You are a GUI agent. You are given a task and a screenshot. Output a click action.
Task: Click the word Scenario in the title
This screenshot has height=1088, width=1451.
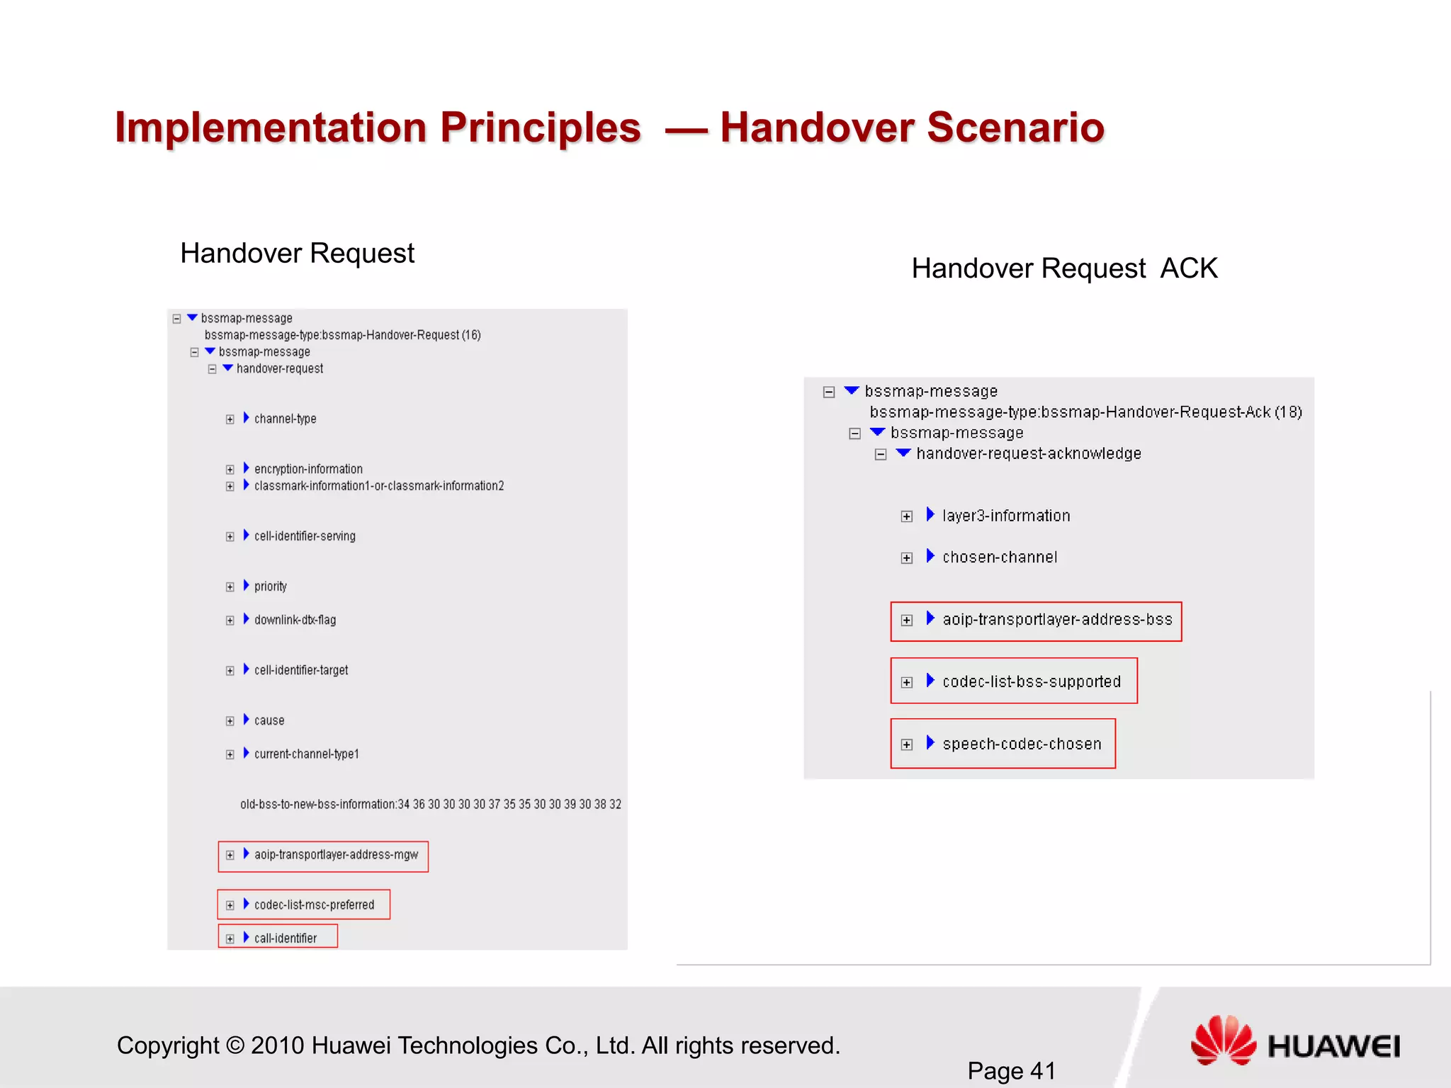pyautogui.click(x=1015, y=127)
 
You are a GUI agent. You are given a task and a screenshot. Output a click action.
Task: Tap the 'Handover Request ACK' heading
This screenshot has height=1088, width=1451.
pyautogui.click(x=1064, y=268)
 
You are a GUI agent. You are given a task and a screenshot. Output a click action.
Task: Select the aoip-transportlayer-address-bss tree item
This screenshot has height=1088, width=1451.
pyautogui.click(x=1056, y=620)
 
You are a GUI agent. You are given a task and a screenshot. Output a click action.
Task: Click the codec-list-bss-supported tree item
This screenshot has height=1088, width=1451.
pyautogui.click(x=1031, y=682)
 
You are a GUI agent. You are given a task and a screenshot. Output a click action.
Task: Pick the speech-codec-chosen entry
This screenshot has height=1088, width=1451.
pyautogui.click(x=1021, y=744)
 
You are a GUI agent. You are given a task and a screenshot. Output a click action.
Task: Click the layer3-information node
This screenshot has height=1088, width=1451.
pyautogui.click(x=1005, y=516)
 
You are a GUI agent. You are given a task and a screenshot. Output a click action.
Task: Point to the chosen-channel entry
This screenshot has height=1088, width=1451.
pyautogui.click(x=999, y=557)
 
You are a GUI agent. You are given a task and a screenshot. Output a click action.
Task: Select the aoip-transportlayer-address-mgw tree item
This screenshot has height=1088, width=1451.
pyautogui.click(x=336, y=855)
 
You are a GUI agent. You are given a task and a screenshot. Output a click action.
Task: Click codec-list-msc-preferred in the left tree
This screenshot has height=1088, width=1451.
pyautogui.click(x=314, y=905)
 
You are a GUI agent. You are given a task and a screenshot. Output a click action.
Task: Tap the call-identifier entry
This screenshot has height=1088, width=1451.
pyautogui.click(x=285, y=939)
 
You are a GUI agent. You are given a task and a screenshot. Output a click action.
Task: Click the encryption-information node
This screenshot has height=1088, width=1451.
pyautogui.click(x=308, y=469)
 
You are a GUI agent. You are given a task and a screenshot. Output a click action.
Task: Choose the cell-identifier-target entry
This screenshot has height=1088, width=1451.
pyautogui.click(x=301, y=670)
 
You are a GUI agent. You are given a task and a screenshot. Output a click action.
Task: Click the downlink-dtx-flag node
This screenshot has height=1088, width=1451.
pyautogui.click(x=295, y=620)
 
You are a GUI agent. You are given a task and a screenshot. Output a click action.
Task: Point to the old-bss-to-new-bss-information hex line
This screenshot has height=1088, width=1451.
pyautogui.click(x=430, y=805)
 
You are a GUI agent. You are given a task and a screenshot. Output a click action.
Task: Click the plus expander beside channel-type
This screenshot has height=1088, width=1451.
pyautogui.click(x=230, y=419)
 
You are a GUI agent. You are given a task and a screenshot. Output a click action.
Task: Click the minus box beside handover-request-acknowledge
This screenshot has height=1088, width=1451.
pyautogui.click(x=881, y=455)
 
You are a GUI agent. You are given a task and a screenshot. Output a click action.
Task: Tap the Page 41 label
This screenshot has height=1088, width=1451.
pyautogui.click(x=1011, y=1070)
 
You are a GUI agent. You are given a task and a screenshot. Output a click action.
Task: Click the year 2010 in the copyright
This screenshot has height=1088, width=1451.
pyautogui.click(x=277, y=1045)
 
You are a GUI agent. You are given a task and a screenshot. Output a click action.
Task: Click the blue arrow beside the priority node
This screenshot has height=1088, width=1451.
pyautogui.click(x=246, y=585)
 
